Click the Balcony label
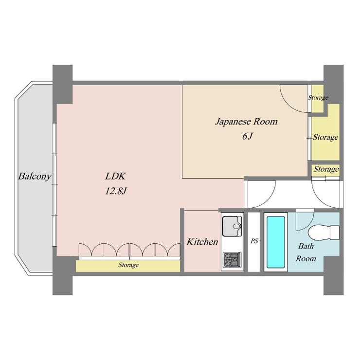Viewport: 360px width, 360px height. pos(35,177)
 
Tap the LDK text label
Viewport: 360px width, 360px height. pos(115,176)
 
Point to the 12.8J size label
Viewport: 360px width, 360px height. pos(116,191)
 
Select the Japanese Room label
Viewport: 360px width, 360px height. pos(246,122)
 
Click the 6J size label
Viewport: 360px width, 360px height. pos(247,136)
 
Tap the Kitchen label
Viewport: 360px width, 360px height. pos(202,242)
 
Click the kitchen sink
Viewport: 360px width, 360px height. pos(232,226)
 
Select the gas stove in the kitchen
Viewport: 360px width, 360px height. pos(232,260)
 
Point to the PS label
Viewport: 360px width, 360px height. pos(254,241)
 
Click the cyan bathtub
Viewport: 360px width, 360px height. pos(275,242)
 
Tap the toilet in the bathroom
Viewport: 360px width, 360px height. pos(324,233)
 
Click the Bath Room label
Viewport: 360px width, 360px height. pos(306,252)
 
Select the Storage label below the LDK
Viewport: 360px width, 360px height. pos(128,265)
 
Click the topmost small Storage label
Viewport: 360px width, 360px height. pos(318,98)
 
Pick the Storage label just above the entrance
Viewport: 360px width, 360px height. pos(326,169)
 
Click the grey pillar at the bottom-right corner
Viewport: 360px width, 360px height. pos(333,275)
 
